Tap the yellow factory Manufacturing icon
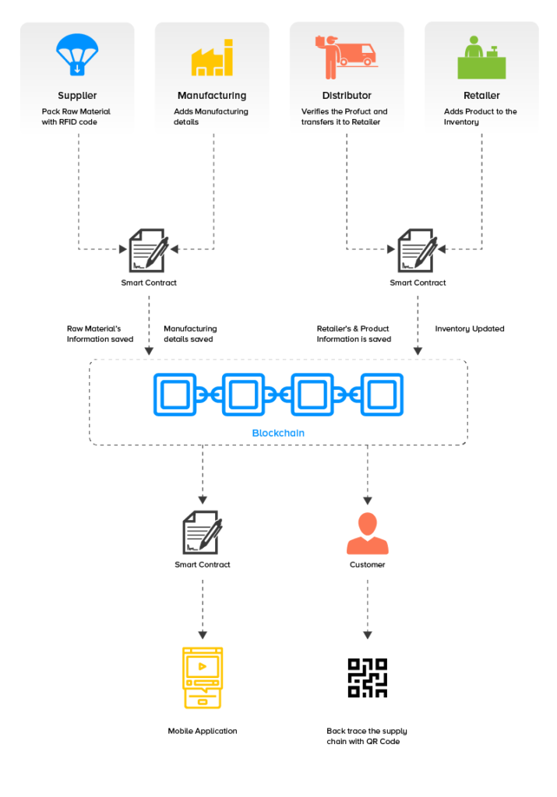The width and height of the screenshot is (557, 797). [212, 58]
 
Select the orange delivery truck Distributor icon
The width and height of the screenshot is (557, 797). [346, 56]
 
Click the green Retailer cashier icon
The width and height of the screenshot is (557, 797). [481, 58]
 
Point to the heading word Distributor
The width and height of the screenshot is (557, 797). [347, 96]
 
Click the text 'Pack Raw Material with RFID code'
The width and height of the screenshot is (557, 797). [76, 117]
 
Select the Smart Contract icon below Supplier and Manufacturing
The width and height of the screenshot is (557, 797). [148, 250]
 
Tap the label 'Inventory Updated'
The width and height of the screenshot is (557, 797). [469, 328]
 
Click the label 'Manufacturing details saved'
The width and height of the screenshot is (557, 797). [190, 334]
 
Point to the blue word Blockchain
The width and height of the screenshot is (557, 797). [278, 433]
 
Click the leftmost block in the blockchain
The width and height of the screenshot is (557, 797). [175, 395]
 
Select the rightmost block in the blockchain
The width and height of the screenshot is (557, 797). [382, 395]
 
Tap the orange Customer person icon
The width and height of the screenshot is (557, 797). [367, 533]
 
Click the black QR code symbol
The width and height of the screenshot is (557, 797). [367, 678]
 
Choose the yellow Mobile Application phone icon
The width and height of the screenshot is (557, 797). [202, 677]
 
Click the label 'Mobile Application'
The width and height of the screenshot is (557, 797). [203, 731]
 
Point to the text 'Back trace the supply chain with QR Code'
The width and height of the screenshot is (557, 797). [367, 736]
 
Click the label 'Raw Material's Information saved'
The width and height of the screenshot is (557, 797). [100, 334]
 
